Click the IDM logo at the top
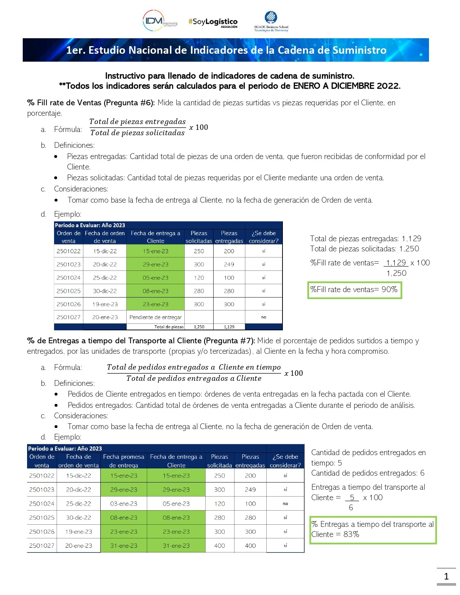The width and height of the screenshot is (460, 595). point(160,21)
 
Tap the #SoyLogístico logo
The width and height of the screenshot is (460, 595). point(213,22)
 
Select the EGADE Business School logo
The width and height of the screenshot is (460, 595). point(271,22)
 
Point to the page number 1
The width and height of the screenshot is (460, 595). point(446,576)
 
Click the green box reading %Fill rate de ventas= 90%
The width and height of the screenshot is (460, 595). point(354,290)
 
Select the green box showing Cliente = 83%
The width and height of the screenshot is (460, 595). point(373,529)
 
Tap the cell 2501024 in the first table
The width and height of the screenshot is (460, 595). point(69,278)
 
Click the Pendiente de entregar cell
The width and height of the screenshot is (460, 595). point(155,317)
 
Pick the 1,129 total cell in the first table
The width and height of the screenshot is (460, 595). point(229,327)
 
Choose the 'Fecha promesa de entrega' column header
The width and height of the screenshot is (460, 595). point(123,461)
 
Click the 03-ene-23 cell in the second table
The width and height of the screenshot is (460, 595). point(124,504)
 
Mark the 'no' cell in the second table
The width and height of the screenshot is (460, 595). point(285,504)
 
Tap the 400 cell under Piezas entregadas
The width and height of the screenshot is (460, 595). point(250,546)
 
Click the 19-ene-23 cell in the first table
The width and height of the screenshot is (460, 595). point(105,304)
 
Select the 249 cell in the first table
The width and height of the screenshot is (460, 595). point(229,264)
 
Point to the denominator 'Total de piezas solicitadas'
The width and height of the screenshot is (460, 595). point(137,133)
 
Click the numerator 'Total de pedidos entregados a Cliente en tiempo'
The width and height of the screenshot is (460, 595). point(194,367)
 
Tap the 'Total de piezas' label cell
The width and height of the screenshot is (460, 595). point(169,327)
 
